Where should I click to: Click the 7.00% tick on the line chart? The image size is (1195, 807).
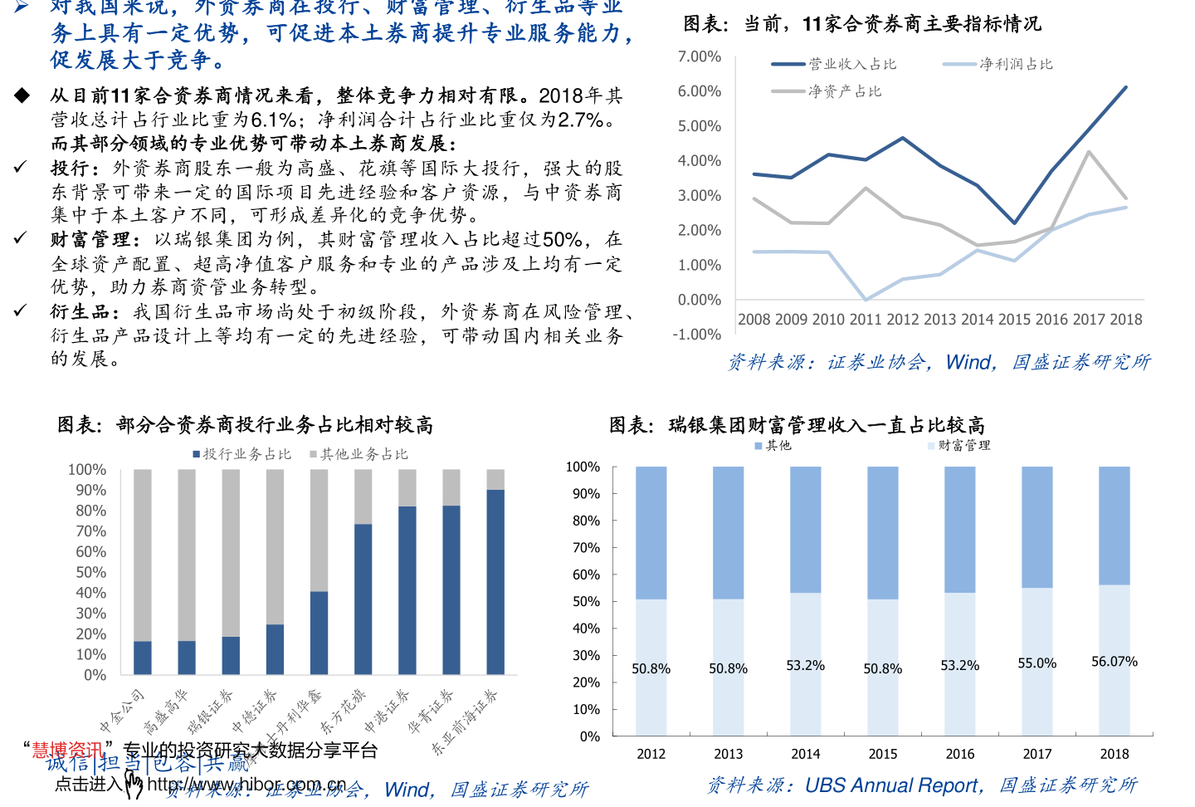coord(699,56)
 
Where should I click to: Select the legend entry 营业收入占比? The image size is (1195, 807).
coord(852,64)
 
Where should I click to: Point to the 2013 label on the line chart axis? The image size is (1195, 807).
coord(940,320)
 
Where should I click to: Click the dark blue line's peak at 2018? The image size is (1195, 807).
coord(1125,87)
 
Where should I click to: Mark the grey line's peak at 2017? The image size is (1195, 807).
coord(1089,152)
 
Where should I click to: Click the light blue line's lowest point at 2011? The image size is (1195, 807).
coord(866,300)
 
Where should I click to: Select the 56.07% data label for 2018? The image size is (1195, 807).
coord(1114,662)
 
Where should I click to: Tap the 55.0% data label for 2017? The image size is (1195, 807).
coord(1036,663)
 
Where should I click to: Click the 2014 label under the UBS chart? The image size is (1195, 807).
coord(805,754)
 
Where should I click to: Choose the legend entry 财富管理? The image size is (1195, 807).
coord(963,446)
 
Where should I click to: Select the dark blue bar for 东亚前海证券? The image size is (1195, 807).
coord(495,581)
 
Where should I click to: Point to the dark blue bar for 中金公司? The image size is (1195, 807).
coord(143,658)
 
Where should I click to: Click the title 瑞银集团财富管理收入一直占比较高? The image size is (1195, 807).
coord(827,425)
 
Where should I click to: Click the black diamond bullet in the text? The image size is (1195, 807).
coord(22,95)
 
